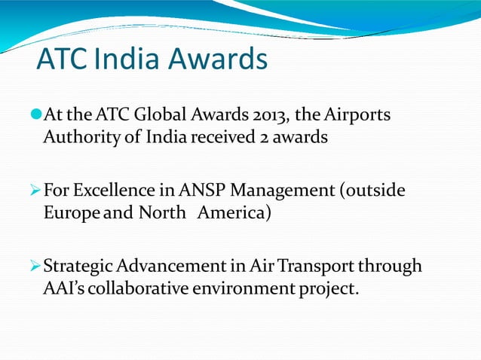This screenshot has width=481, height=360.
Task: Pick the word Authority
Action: (75, 139)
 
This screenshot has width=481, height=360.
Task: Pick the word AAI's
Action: (63, 289)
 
